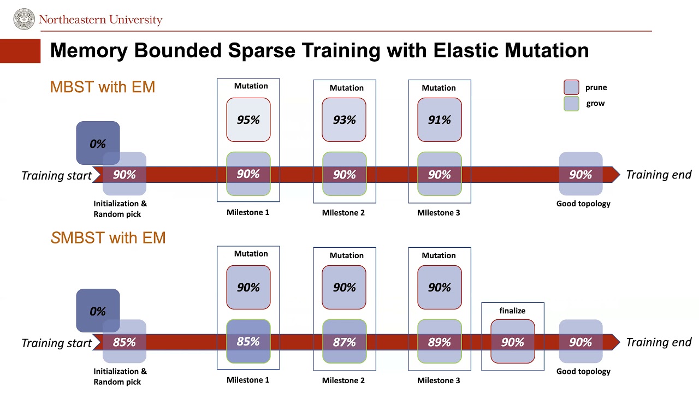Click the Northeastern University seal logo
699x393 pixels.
(23, 19)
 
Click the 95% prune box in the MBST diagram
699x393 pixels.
(248, 120)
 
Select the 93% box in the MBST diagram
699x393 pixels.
(344, 120)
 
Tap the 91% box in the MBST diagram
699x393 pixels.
(440, 120)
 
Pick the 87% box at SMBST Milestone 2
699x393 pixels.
(344, 342)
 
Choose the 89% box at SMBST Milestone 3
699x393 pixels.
(440, 342)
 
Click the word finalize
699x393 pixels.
(512, 311)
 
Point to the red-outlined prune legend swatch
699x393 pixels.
(571, 87)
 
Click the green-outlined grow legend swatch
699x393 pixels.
(571, 104)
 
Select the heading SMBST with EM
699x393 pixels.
(108, 238)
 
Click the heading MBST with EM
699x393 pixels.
(102, 87)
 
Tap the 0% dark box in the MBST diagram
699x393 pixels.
(98, 143)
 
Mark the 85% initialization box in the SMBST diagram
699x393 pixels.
(125, 342)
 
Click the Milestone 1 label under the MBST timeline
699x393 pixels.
(248, 212)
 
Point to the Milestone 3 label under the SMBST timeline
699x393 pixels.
(439, 380)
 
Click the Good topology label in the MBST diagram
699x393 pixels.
(583, 204)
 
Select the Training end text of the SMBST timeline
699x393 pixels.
(658, 342)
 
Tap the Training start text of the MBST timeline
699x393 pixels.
(56, 175)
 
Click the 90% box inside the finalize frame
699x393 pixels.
(512, 342)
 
